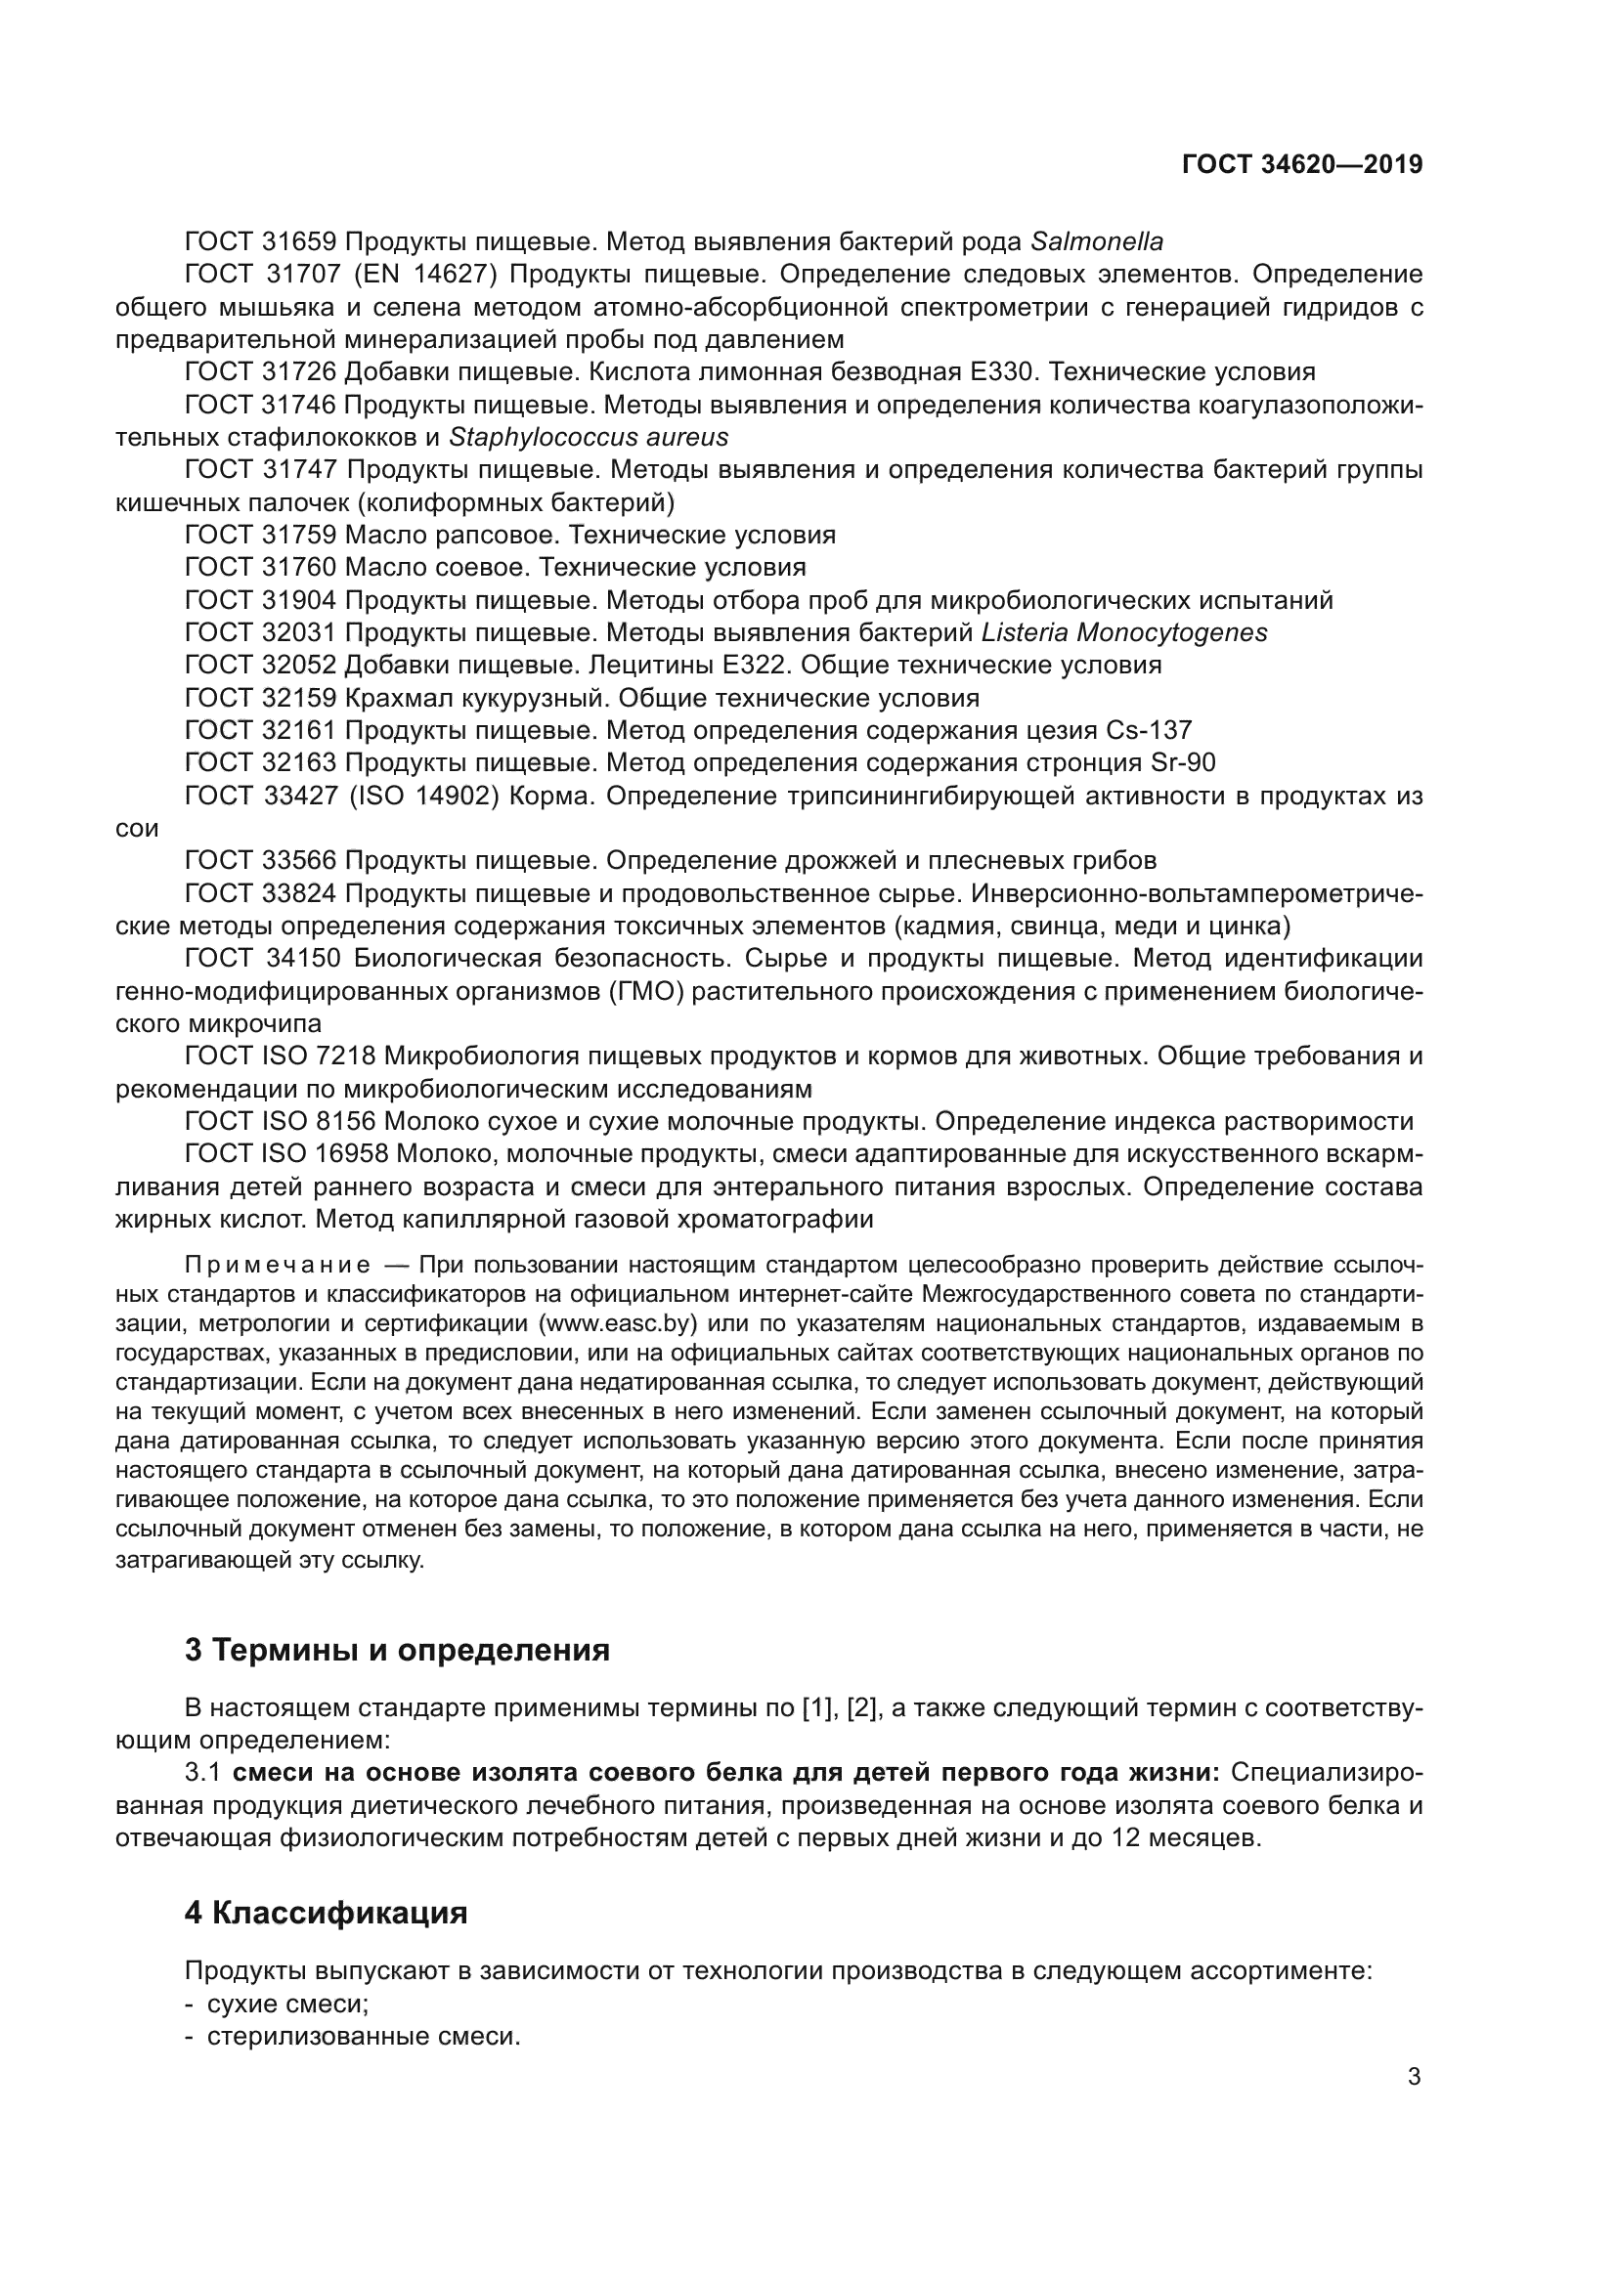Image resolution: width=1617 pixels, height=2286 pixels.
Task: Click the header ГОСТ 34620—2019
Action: click(1301, 164)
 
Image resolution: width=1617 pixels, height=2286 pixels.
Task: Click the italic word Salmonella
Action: click(1096, 242)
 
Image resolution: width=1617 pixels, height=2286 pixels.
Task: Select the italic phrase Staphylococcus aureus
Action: click(589, 437)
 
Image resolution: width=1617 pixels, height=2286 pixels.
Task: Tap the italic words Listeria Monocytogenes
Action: click(1124, 632)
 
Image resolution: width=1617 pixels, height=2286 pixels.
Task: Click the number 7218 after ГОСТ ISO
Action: click(345, 1056)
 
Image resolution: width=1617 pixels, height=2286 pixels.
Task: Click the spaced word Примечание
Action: click(278, 1266)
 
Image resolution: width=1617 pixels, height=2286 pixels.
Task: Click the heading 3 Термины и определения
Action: click(396, 1651)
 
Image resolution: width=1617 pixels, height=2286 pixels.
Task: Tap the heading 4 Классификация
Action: click(326, 1913)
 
